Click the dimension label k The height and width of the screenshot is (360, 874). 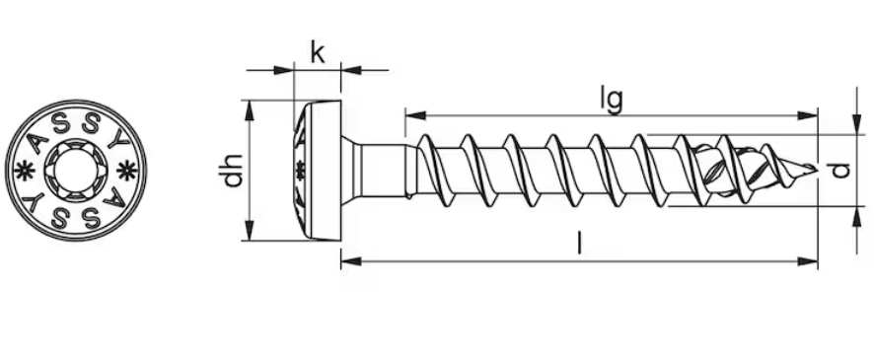pos(318,53)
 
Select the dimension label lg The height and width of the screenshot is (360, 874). pos(612,101)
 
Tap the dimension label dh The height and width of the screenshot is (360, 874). pos(231,170)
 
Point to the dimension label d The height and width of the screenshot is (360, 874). pos(841,170)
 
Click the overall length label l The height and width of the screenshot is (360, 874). pos(580,243)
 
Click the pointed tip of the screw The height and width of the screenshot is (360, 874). pos(816,169)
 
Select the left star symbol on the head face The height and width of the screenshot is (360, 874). pos(24,171)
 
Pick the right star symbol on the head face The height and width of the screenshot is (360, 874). pos(126,170)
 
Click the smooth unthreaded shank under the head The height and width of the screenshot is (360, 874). pos(385,171)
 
